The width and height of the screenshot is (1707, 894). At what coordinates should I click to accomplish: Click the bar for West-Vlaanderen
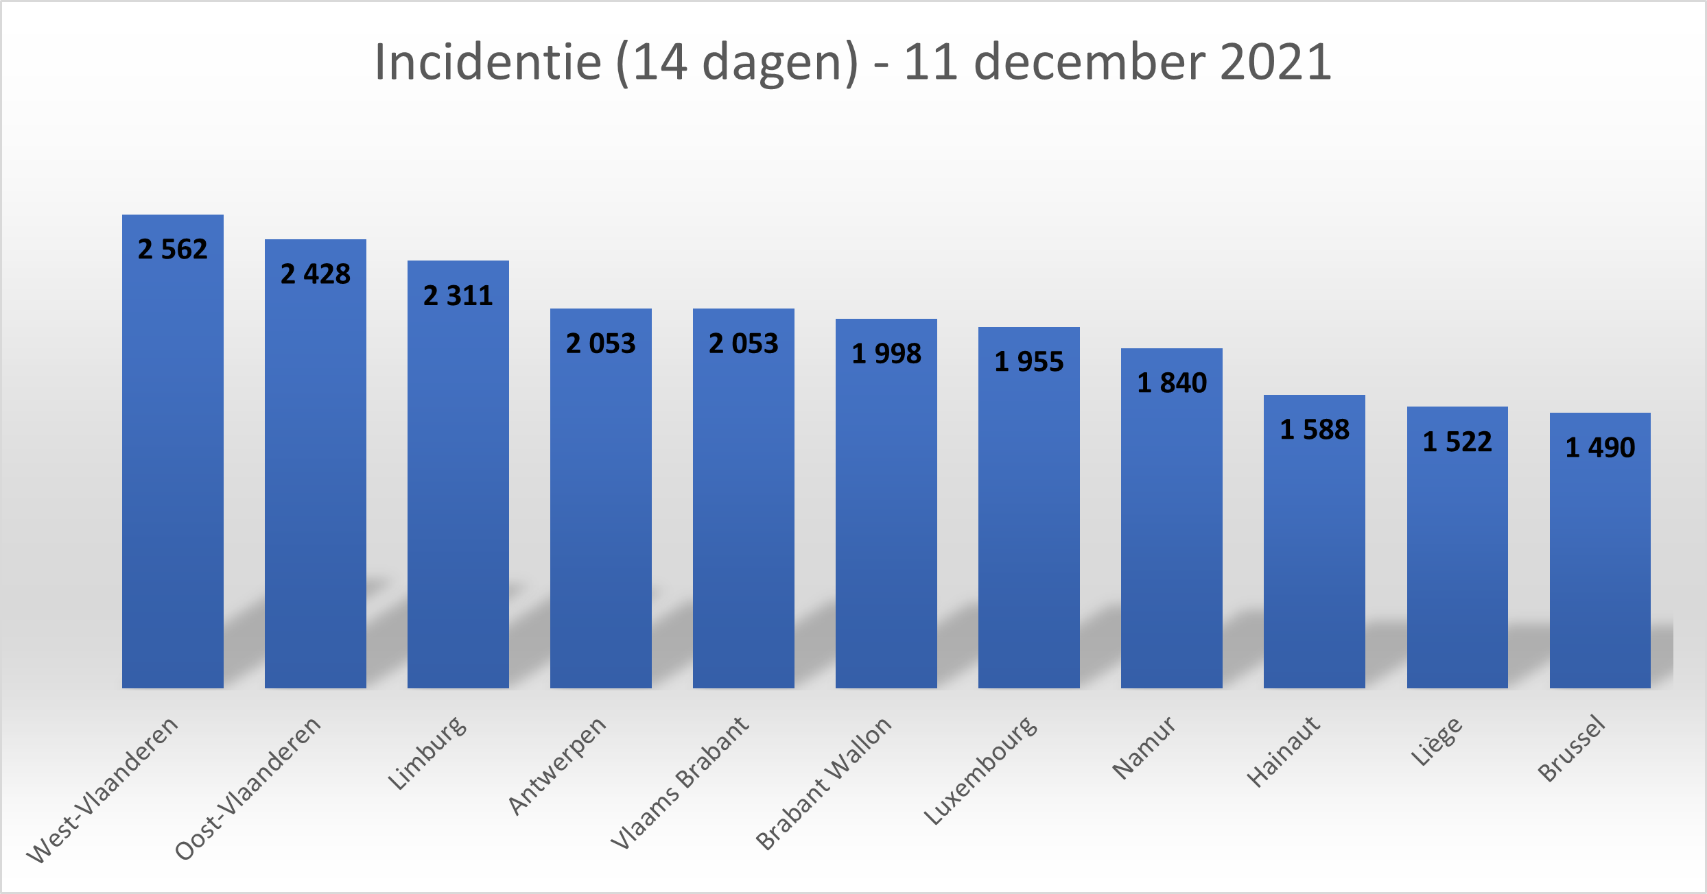[x=173, y=466]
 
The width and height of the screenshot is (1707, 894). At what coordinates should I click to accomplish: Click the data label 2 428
[x=316, y=274]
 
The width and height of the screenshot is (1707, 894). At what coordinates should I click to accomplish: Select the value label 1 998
[x=886, y=354]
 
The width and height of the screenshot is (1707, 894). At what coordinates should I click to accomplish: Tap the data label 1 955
[x=1029, y=362]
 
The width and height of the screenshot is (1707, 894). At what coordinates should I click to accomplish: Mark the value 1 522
[x=1457, y=442]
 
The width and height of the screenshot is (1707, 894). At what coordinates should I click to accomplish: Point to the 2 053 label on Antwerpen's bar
[x=601, y=343]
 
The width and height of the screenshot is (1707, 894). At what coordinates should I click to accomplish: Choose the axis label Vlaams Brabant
[x=680, y=782]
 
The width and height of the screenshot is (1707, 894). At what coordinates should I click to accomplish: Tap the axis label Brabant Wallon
[x=824, y=783]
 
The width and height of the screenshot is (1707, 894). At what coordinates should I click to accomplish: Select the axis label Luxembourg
[x=980, y=770]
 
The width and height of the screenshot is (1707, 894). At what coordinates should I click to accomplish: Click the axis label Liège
[x=1437, y=741]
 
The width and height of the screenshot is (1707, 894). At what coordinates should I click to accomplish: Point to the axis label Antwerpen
[x=557, y=765]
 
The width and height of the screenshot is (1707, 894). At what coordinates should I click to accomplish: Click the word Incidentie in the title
[x=488, y=62]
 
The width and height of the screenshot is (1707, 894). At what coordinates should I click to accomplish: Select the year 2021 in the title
[x=1276, y=62]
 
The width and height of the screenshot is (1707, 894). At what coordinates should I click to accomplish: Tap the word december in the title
[x=1090, y=62]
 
